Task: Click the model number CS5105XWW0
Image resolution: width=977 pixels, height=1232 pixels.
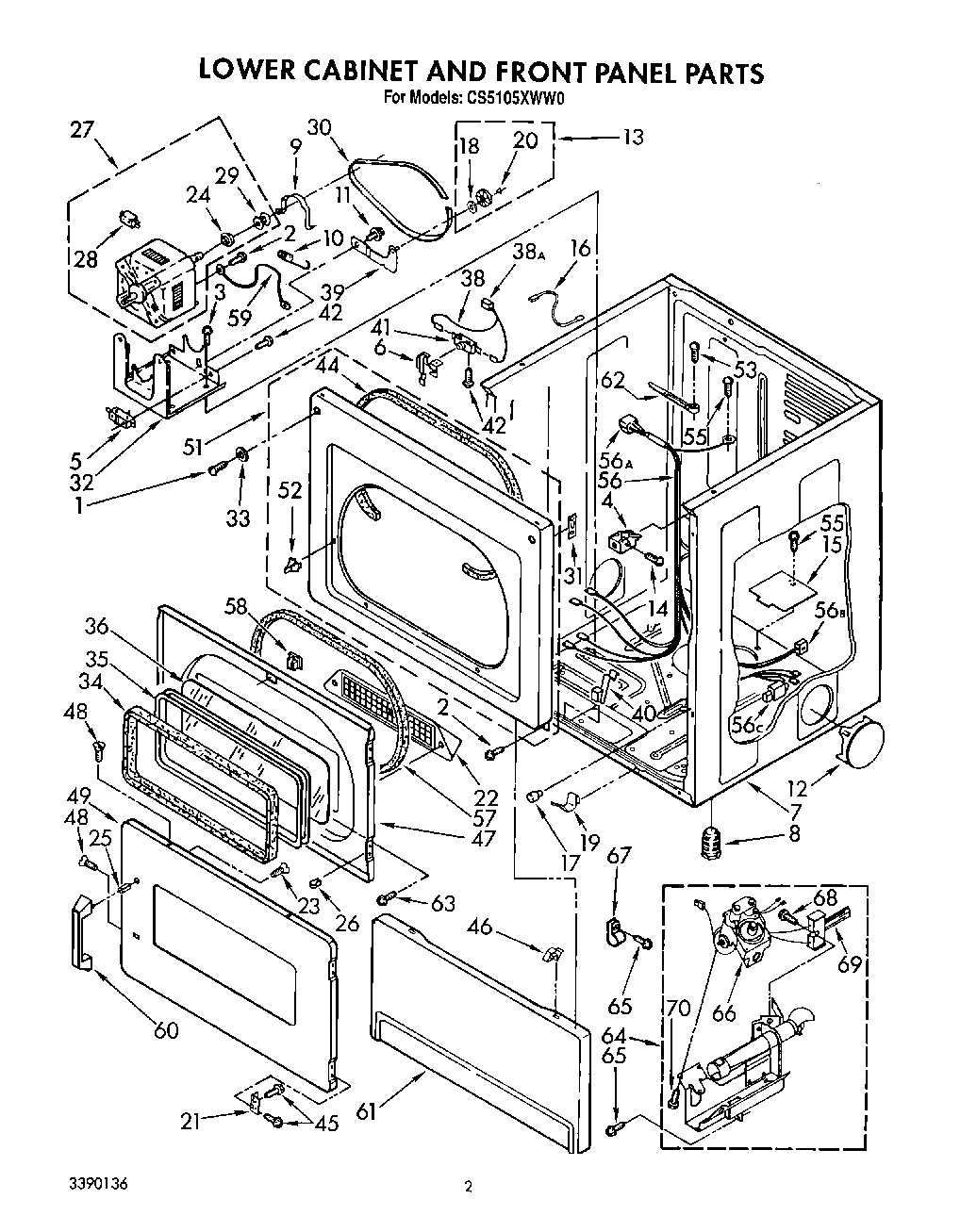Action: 509,96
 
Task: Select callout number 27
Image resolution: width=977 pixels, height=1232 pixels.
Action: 83,129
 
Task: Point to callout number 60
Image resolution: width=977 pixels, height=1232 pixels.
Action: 165,1029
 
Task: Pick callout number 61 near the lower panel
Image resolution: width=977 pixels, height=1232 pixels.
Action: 365,1112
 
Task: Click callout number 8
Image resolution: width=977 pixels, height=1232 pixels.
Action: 793,833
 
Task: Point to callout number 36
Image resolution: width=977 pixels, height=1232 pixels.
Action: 96,624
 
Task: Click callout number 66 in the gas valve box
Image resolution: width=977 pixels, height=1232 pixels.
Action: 723,1013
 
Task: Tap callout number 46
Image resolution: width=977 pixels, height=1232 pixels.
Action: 480,927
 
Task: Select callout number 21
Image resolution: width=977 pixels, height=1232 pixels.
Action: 191,1121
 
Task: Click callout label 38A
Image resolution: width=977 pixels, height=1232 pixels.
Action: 529,252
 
